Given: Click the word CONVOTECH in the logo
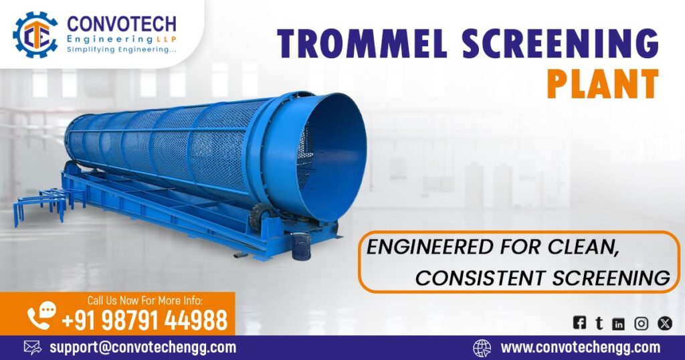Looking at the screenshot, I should click(x=122, y=25).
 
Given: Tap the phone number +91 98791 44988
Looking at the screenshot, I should click(x=144, y=321).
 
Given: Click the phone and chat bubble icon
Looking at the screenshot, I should click(x=42, y=314).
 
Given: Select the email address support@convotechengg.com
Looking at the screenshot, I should click(x=142, y=347).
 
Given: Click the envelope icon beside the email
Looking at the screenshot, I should click(x=33, y=347).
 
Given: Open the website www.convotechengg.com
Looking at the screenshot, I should click(x=580, y=347).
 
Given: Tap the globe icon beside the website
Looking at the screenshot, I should click(x=482, y=347).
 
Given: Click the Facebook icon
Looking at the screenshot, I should click(x=579, y=323).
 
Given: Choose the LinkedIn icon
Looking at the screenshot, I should click(x=619, y=324).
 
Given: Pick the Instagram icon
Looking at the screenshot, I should click(x=641, y=324).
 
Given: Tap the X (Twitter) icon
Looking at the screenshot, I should click(x=664, y=323).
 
